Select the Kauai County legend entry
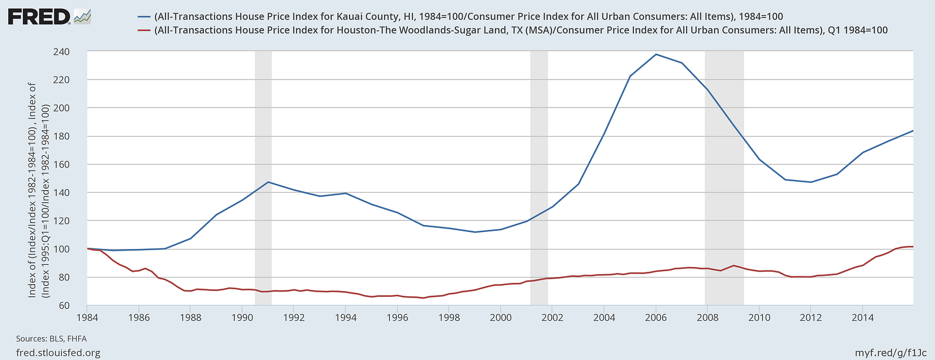coord(468,16)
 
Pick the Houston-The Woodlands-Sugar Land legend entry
coord(521,30)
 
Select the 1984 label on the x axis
coord(87,318)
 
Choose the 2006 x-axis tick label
coord(656,318)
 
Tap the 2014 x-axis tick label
coord(863,318)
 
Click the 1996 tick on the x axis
coord(397,318)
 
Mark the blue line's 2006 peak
coord(656,54)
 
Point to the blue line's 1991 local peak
coord(268,182)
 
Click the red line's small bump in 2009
coord(733,266)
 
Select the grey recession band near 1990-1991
coord(263,175)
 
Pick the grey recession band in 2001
coord(539,175)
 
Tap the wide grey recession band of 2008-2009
coord(724,175)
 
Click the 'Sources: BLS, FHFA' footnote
coord(51,338)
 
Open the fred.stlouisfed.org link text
coord(58,353)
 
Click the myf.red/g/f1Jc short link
coord(891,353)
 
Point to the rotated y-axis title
coord(38,190)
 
